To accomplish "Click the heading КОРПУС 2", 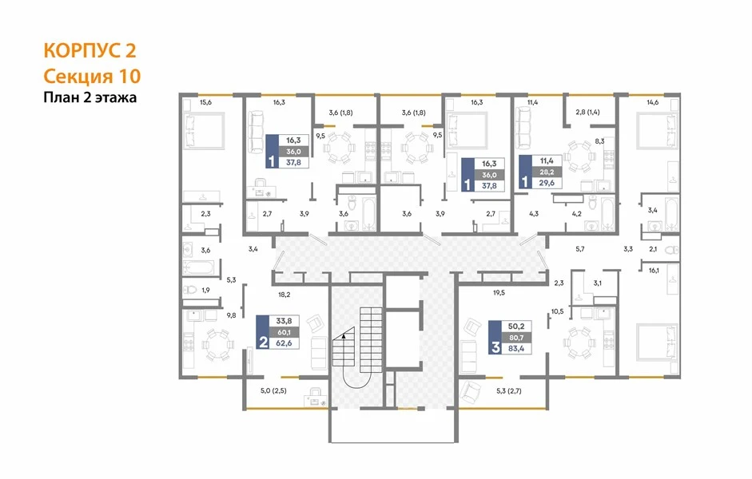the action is click(90, 50).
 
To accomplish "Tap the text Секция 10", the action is click(92, 76).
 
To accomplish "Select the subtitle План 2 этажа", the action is click(90, 97).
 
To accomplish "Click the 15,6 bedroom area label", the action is click(205, 102).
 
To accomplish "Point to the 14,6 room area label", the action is click(653, 102).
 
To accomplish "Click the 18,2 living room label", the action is click(284, 295).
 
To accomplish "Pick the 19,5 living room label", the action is click(499, 292).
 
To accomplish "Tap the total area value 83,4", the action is click(516, 349).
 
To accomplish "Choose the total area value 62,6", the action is click(284, 343).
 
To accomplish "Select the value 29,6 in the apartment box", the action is click(547, 183).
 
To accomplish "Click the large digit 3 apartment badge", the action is click(495, 348).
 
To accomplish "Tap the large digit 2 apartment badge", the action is click(263, 342).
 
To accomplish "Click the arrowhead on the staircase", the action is click(344, 336).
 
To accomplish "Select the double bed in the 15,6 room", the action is click(205, 130).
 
